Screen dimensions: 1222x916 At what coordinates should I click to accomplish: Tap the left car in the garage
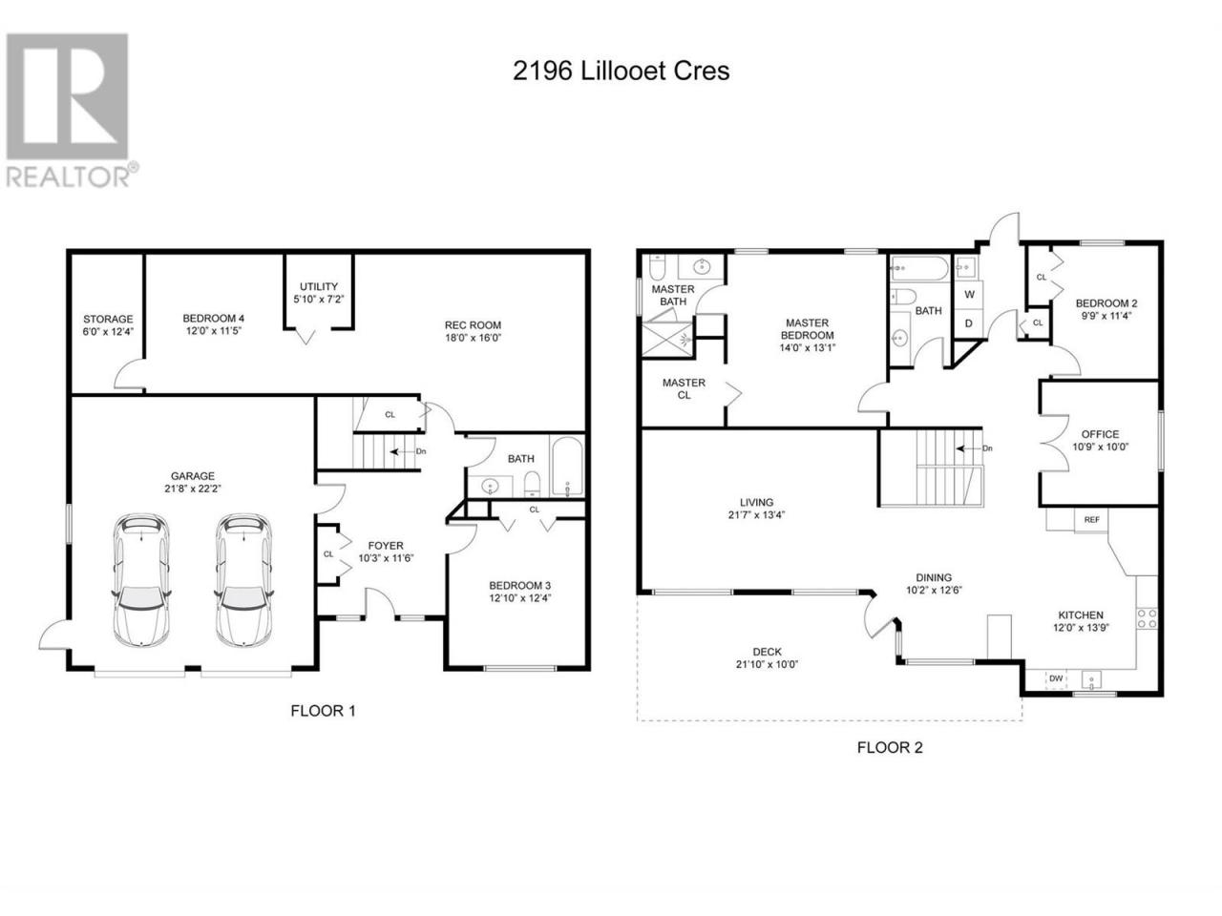(141, 580)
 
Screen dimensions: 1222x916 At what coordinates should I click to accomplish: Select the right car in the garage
(243, 580)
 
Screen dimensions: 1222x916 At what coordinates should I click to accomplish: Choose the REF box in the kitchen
(1091, 519)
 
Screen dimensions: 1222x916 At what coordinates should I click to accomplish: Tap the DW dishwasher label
(1056, 678)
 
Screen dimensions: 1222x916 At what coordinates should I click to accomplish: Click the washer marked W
(969, 295)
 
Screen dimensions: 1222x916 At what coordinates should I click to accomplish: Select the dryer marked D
(969, 323)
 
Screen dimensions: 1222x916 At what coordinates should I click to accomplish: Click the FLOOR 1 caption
(323, 710)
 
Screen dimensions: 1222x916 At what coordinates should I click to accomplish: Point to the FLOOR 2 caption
(890, 747)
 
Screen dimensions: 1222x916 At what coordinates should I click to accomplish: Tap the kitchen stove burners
(1147, 618)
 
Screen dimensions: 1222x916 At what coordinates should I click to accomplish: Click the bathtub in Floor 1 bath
(567, 467)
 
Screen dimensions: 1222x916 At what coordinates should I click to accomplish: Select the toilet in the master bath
(657, 268)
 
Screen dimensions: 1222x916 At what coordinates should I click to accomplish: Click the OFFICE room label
(1100, 434)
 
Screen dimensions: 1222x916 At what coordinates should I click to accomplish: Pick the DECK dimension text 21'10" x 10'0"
(767, 663)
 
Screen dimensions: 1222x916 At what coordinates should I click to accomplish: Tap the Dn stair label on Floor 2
(987, 448)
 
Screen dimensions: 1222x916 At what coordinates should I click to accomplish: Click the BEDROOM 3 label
(519, 585)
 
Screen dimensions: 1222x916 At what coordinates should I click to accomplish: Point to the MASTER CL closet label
(684, 388)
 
